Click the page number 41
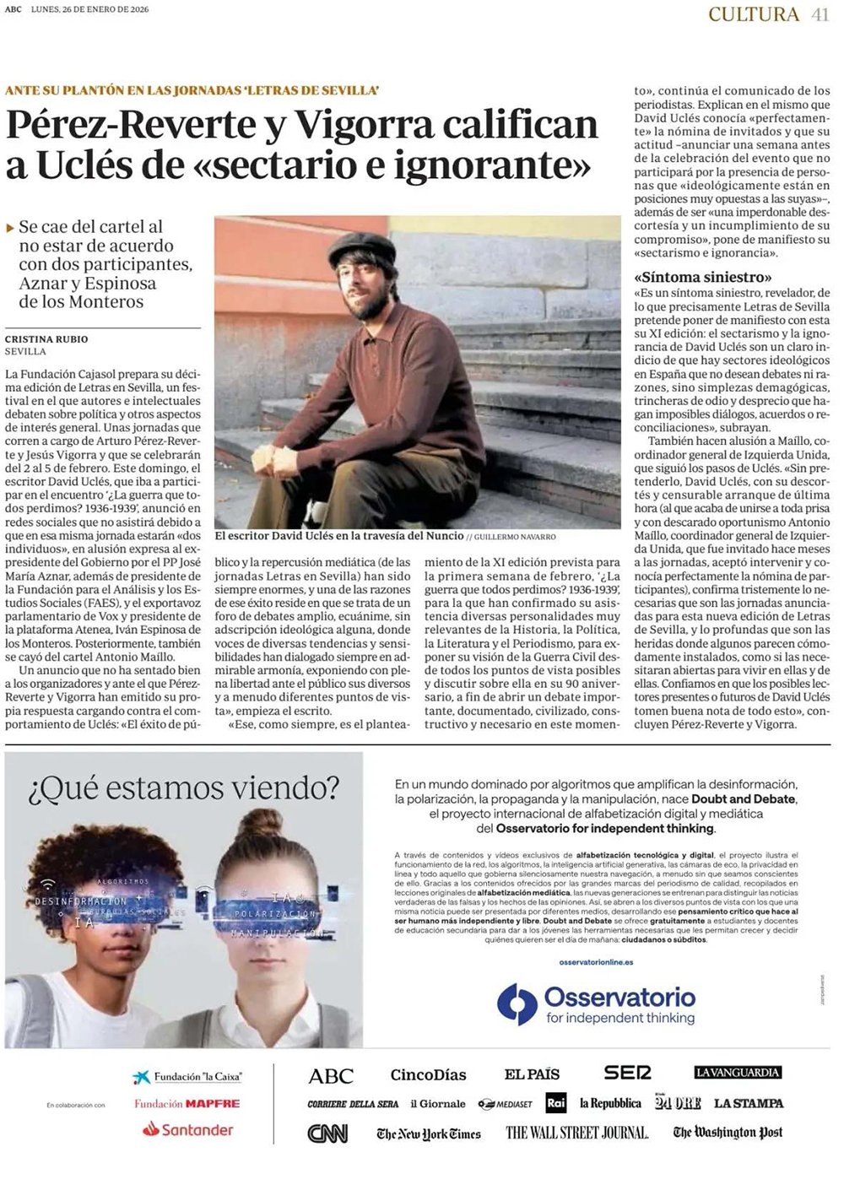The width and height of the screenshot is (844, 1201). point(820,14)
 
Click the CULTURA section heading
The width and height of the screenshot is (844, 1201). point(753,14)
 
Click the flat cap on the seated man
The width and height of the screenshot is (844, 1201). point(361,248)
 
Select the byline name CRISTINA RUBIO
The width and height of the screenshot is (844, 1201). point(46,339)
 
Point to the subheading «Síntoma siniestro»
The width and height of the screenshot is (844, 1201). point(703,277)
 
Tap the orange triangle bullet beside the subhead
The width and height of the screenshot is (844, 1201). point(10,228)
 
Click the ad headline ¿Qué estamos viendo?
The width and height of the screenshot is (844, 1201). point(183,788)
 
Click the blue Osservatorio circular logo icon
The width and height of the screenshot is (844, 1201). point(517,1004)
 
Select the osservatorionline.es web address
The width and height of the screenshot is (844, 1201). point(596,962)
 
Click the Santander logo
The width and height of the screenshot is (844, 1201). point(187,1129)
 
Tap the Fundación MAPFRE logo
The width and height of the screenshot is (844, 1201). point(187,1103)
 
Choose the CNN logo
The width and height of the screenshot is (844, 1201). point(327,1133)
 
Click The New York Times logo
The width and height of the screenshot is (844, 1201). point(428,1133)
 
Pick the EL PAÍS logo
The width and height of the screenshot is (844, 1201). point(532,1074)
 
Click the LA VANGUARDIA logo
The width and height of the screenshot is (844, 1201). point(738,1073)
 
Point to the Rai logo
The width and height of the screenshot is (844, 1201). point(556,1103)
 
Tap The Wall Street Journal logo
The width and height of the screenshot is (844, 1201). point(576,1133)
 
